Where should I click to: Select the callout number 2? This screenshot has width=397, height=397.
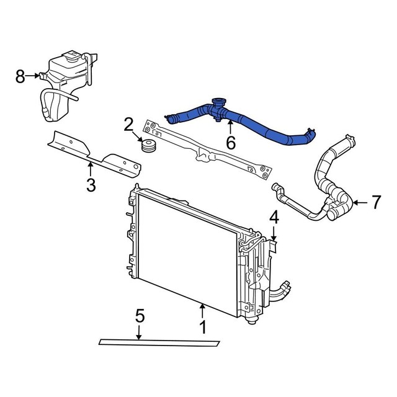[x=128, y=124]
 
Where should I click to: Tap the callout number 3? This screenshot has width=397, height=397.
[x=91, y=185]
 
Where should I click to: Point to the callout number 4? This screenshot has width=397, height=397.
[x=274, y=217]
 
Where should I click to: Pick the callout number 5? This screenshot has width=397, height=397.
[x=140, y=316]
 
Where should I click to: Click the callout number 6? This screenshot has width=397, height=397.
[x=231, y=143]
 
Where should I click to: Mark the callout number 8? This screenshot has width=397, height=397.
[x=20, y=76]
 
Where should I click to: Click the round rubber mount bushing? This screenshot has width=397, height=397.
[x=149, y=148]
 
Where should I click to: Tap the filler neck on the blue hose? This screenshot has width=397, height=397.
[x=217, y=104]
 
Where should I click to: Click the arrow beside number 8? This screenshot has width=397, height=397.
[x=35, y=76]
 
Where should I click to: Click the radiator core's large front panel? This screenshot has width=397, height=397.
[x=186, y=248]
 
